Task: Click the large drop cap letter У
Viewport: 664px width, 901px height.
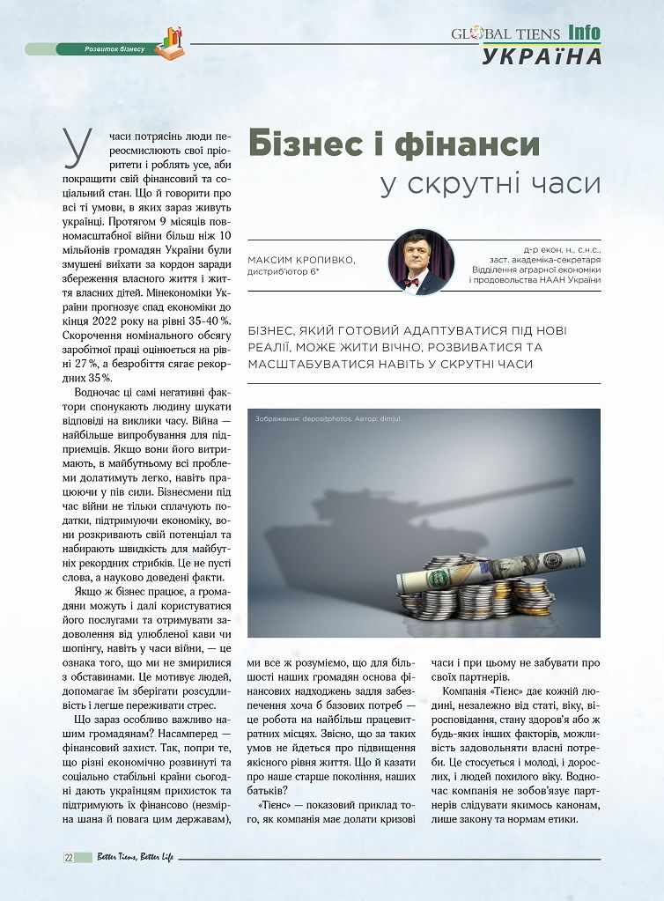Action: pos(78,147)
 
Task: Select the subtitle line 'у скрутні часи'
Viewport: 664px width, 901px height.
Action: pos(490,186)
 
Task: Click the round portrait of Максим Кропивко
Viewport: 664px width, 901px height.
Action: pos(421,262)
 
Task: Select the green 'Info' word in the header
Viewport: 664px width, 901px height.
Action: pos(584,33)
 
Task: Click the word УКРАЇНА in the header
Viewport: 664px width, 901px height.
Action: pos(542,56)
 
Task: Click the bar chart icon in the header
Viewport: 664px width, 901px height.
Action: pos(169,42)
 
